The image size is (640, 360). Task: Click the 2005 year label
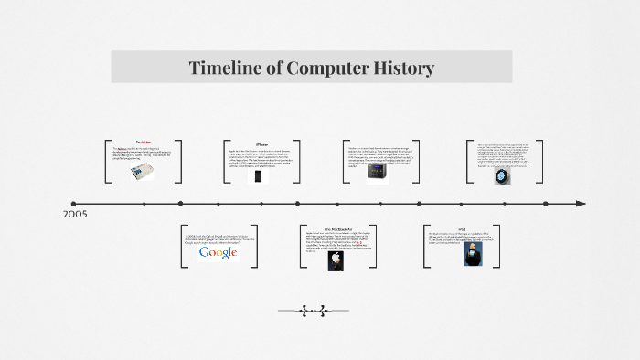[x=76, y=215]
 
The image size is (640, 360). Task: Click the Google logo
[x=219, y=252]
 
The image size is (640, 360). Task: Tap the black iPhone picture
[x=258, y=175]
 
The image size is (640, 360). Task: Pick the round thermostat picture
[x=503, y=175]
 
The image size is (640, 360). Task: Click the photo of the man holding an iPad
[x=472, y=253]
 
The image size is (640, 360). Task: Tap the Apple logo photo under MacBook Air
[x=336, y=259]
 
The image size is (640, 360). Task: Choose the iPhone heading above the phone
[x=261, y=144]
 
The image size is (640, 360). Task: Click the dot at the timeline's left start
[x=74, y=203]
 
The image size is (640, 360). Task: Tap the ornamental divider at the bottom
[x=313, y=311]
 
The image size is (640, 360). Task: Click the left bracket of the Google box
[x=183, y=245]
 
